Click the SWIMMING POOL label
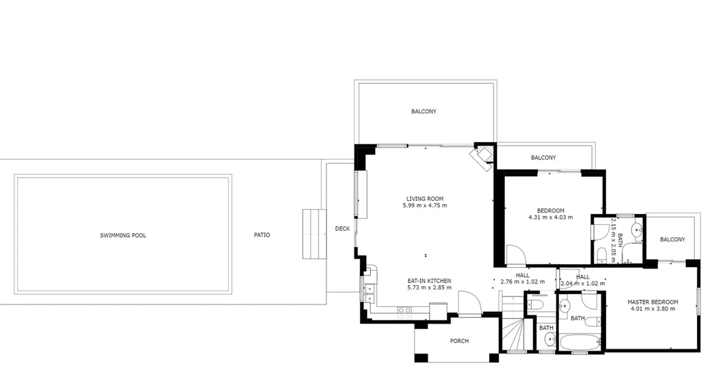coord(123,235)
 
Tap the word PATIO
coord(262,235)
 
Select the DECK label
coord(342,229)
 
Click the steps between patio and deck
coord(314,234)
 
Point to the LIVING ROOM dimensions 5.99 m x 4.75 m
coord(425,205)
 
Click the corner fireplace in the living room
coord(482,157)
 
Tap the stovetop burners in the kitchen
coord(405,313)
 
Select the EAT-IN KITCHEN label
coord(429,281)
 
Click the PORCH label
coord(459,341)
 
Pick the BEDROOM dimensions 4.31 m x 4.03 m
coord(551,217)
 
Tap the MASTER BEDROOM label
coord(653,302)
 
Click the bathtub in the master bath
coord(581,343)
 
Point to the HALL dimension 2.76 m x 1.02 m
coord(523,282)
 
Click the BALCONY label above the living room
coord(424,111)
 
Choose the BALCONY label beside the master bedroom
coord(672,239)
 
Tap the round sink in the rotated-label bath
coord(638,229)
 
